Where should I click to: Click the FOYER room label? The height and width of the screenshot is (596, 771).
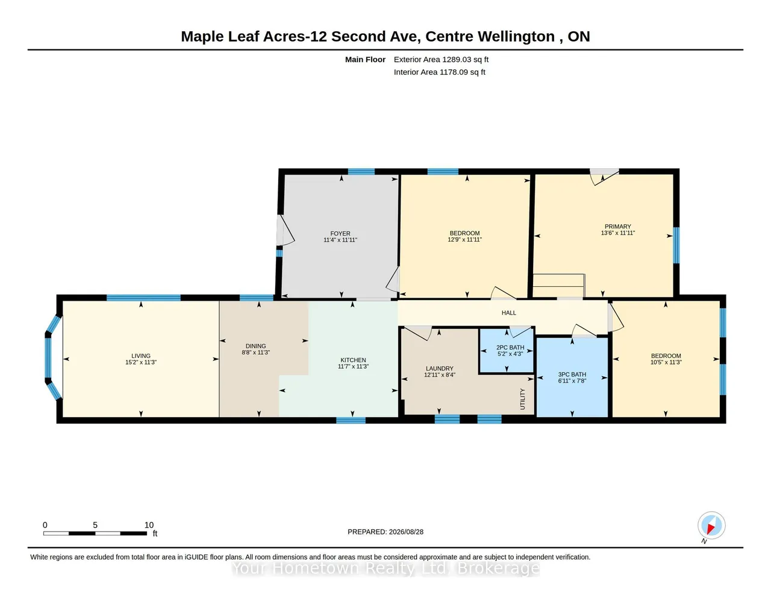[340, 234]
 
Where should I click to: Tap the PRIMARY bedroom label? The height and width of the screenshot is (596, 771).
[618, 227]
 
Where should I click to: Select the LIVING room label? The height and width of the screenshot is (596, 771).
[141, 356]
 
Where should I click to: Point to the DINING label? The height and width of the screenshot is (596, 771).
[255, 346]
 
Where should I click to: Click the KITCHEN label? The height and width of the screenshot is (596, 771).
[353, 360]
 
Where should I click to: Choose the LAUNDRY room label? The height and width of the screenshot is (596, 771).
[440, 368]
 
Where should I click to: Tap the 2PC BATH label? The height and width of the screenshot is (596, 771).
[510, 348]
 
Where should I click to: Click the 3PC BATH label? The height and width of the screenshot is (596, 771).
[572, 374]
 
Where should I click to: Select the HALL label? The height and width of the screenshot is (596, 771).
[509, 313]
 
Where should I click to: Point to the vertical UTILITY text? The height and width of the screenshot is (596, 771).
[522, 399]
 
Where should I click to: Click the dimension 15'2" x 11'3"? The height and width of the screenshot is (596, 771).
[141, 362]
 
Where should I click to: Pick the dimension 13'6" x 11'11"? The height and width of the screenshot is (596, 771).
[618, 233]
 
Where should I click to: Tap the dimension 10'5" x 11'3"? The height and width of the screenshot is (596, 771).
[666, 362]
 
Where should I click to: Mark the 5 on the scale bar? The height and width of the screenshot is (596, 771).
[95, 525]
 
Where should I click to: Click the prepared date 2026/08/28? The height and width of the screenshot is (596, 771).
[406, 532]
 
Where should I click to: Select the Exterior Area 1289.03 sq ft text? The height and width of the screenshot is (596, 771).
[441, 60]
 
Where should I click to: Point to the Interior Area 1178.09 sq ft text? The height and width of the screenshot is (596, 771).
[439, 72]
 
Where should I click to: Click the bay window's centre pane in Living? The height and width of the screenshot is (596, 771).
[48, 358]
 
